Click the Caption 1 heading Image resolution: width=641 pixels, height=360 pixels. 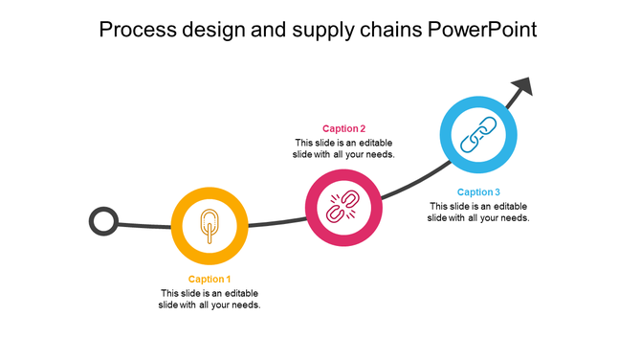(210, 280)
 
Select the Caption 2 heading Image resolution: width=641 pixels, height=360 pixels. (343, 128)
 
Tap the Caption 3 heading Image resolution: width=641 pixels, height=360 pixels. (478, 192)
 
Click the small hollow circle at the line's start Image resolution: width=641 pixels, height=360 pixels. (103, 222)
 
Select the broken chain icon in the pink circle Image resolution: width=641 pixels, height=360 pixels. (343, 207)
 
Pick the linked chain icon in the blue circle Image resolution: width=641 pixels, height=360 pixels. (478, 135)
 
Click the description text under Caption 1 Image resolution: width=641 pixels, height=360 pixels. (210, 299)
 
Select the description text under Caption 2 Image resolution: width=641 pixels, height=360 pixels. (343, 147)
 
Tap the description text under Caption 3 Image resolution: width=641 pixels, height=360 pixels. (478, 212)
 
